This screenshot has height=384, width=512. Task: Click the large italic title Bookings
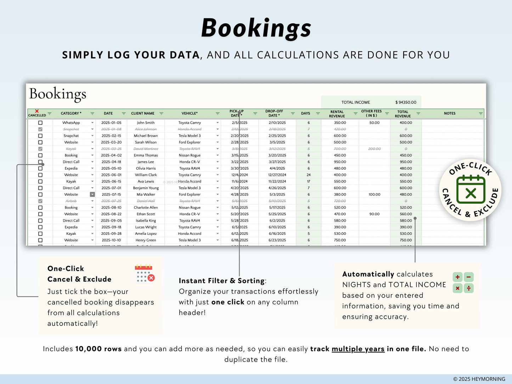point(256,28)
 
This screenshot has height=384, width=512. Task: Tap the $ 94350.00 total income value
point(406,102)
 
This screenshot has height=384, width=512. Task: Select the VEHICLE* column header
point(190,113)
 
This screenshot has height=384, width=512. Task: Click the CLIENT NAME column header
point(143,113)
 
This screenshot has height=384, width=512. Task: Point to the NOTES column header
point(450,113)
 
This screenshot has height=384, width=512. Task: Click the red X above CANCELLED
point(37,111)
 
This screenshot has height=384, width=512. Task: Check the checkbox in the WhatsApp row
point(40,123)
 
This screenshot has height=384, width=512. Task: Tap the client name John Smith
point(146,123)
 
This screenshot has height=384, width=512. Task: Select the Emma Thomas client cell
point(146,156)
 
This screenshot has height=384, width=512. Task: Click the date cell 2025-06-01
point(111,175)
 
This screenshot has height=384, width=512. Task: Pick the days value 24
point(309,175)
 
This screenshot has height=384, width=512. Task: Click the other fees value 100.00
point(374,194)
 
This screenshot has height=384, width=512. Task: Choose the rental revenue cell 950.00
point(340,162)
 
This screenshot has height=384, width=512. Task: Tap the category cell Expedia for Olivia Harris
point(71,169)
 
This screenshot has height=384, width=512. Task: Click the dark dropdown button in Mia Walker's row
point(92,194)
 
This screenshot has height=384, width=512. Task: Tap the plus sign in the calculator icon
point(457,277)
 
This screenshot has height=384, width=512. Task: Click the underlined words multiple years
point(358,349)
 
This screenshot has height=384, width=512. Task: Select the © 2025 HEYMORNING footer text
point(479,379)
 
